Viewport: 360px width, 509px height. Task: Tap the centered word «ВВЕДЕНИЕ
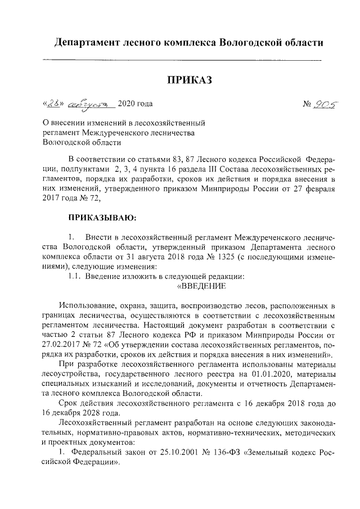pyautogui.click(x=201, y=286)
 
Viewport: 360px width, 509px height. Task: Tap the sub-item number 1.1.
pyautogui.click(x=75, y=276)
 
